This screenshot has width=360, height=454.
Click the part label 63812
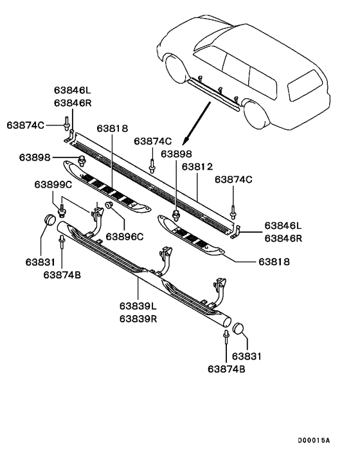click(197, 167)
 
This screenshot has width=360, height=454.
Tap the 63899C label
click(53, 185)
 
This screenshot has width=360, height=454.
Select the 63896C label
click(125, 237)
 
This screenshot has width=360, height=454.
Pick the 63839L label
click(138, 305)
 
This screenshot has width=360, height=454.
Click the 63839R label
click(138, 319)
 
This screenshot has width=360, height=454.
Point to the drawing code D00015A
click(314, 440)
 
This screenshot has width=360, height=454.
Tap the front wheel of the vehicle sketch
click(175, 69)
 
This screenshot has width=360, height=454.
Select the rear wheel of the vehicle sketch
click(255, 113)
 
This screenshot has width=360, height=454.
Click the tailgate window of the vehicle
click(305, 85)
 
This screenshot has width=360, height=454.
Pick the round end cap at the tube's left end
click(50, 219)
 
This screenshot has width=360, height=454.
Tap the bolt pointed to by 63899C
click(61, 210)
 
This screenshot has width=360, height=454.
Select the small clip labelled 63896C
click(109, 204)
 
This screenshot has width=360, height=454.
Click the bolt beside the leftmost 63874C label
click(66, 122)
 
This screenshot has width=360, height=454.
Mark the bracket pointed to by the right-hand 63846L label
click(237, 232)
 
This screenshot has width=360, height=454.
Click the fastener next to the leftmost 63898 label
click(82, 160)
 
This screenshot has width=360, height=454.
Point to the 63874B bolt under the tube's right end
click(226, 337)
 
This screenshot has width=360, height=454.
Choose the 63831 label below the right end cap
click(247, 356)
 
